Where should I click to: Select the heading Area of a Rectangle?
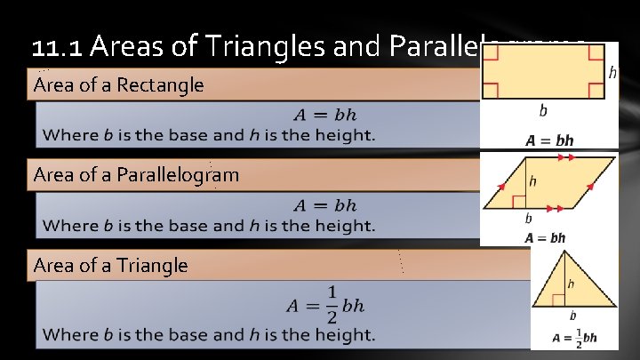click(x=118, y=86)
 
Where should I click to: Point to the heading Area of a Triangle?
click(x=110, y=265)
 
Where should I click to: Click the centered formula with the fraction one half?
click(x=325, y=305)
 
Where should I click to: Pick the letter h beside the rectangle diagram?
click(x=612, y=72)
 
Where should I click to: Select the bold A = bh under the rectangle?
click(x=548, y=140)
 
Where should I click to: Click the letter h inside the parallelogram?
click(x=533, y=181)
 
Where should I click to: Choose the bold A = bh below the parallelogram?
click(x=545, y=238)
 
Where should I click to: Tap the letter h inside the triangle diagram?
click(x=572, y=284)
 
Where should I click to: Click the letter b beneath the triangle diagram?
click(x=572, y=316)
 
